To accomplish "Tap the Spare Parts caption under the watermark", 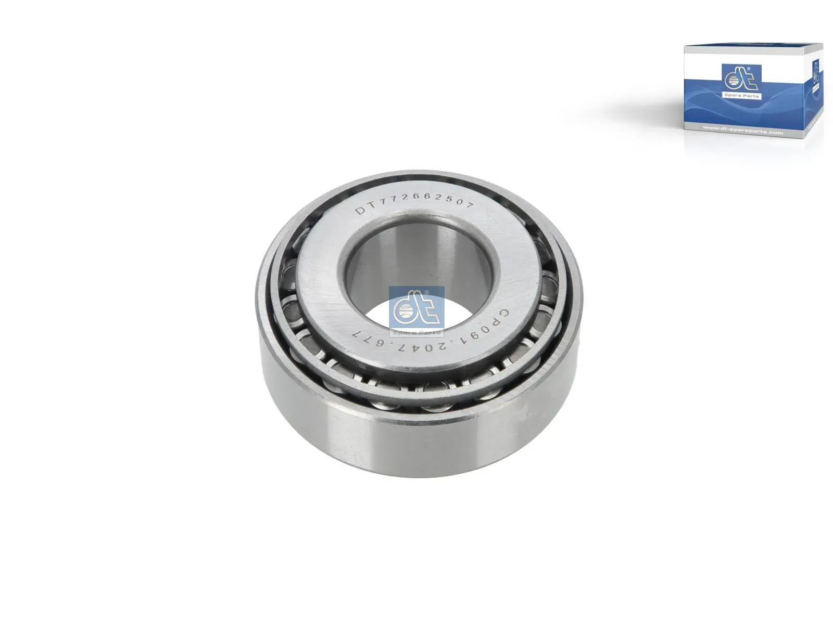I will [416, 331].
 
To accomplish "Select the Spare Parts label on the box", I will [741, 96].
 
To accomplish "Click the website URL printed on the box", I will [742, 132].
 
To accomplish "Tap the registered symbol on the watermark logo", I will [427, 293].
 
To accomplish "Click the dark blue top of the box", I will [752, 48].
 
